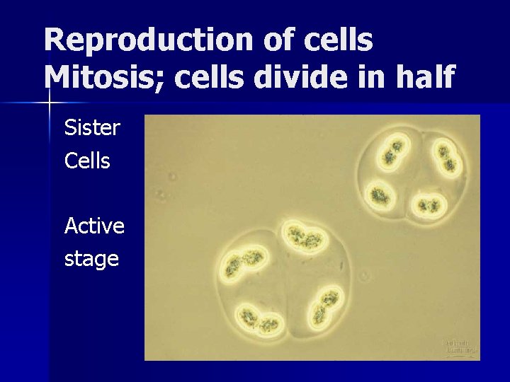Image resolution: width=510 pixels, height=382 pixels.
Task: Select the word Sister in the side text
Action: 92,128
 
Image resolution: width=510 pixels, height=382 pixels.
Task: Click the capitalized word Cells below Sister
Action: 87,161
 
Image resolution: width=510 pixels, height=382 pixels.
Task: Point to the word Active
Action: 94,226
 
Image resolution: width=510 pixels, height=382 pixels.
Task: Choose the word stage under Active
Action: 91,259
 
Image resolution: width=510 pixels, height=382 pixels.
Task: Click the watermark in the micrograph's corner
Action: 460,345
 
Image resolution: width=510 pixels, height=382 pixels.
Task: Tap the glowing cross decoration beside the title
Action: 50,103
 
